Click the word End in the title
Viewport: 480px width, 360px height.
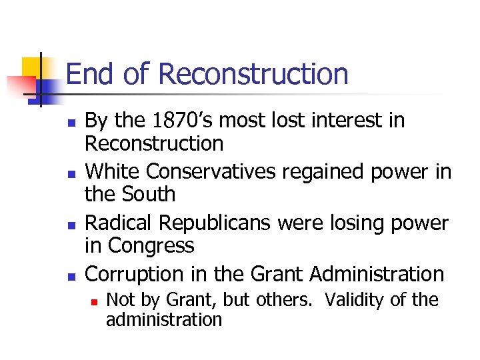coord(89,73)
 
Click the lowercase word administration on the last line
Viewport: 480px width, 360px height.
coord(163,319)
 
